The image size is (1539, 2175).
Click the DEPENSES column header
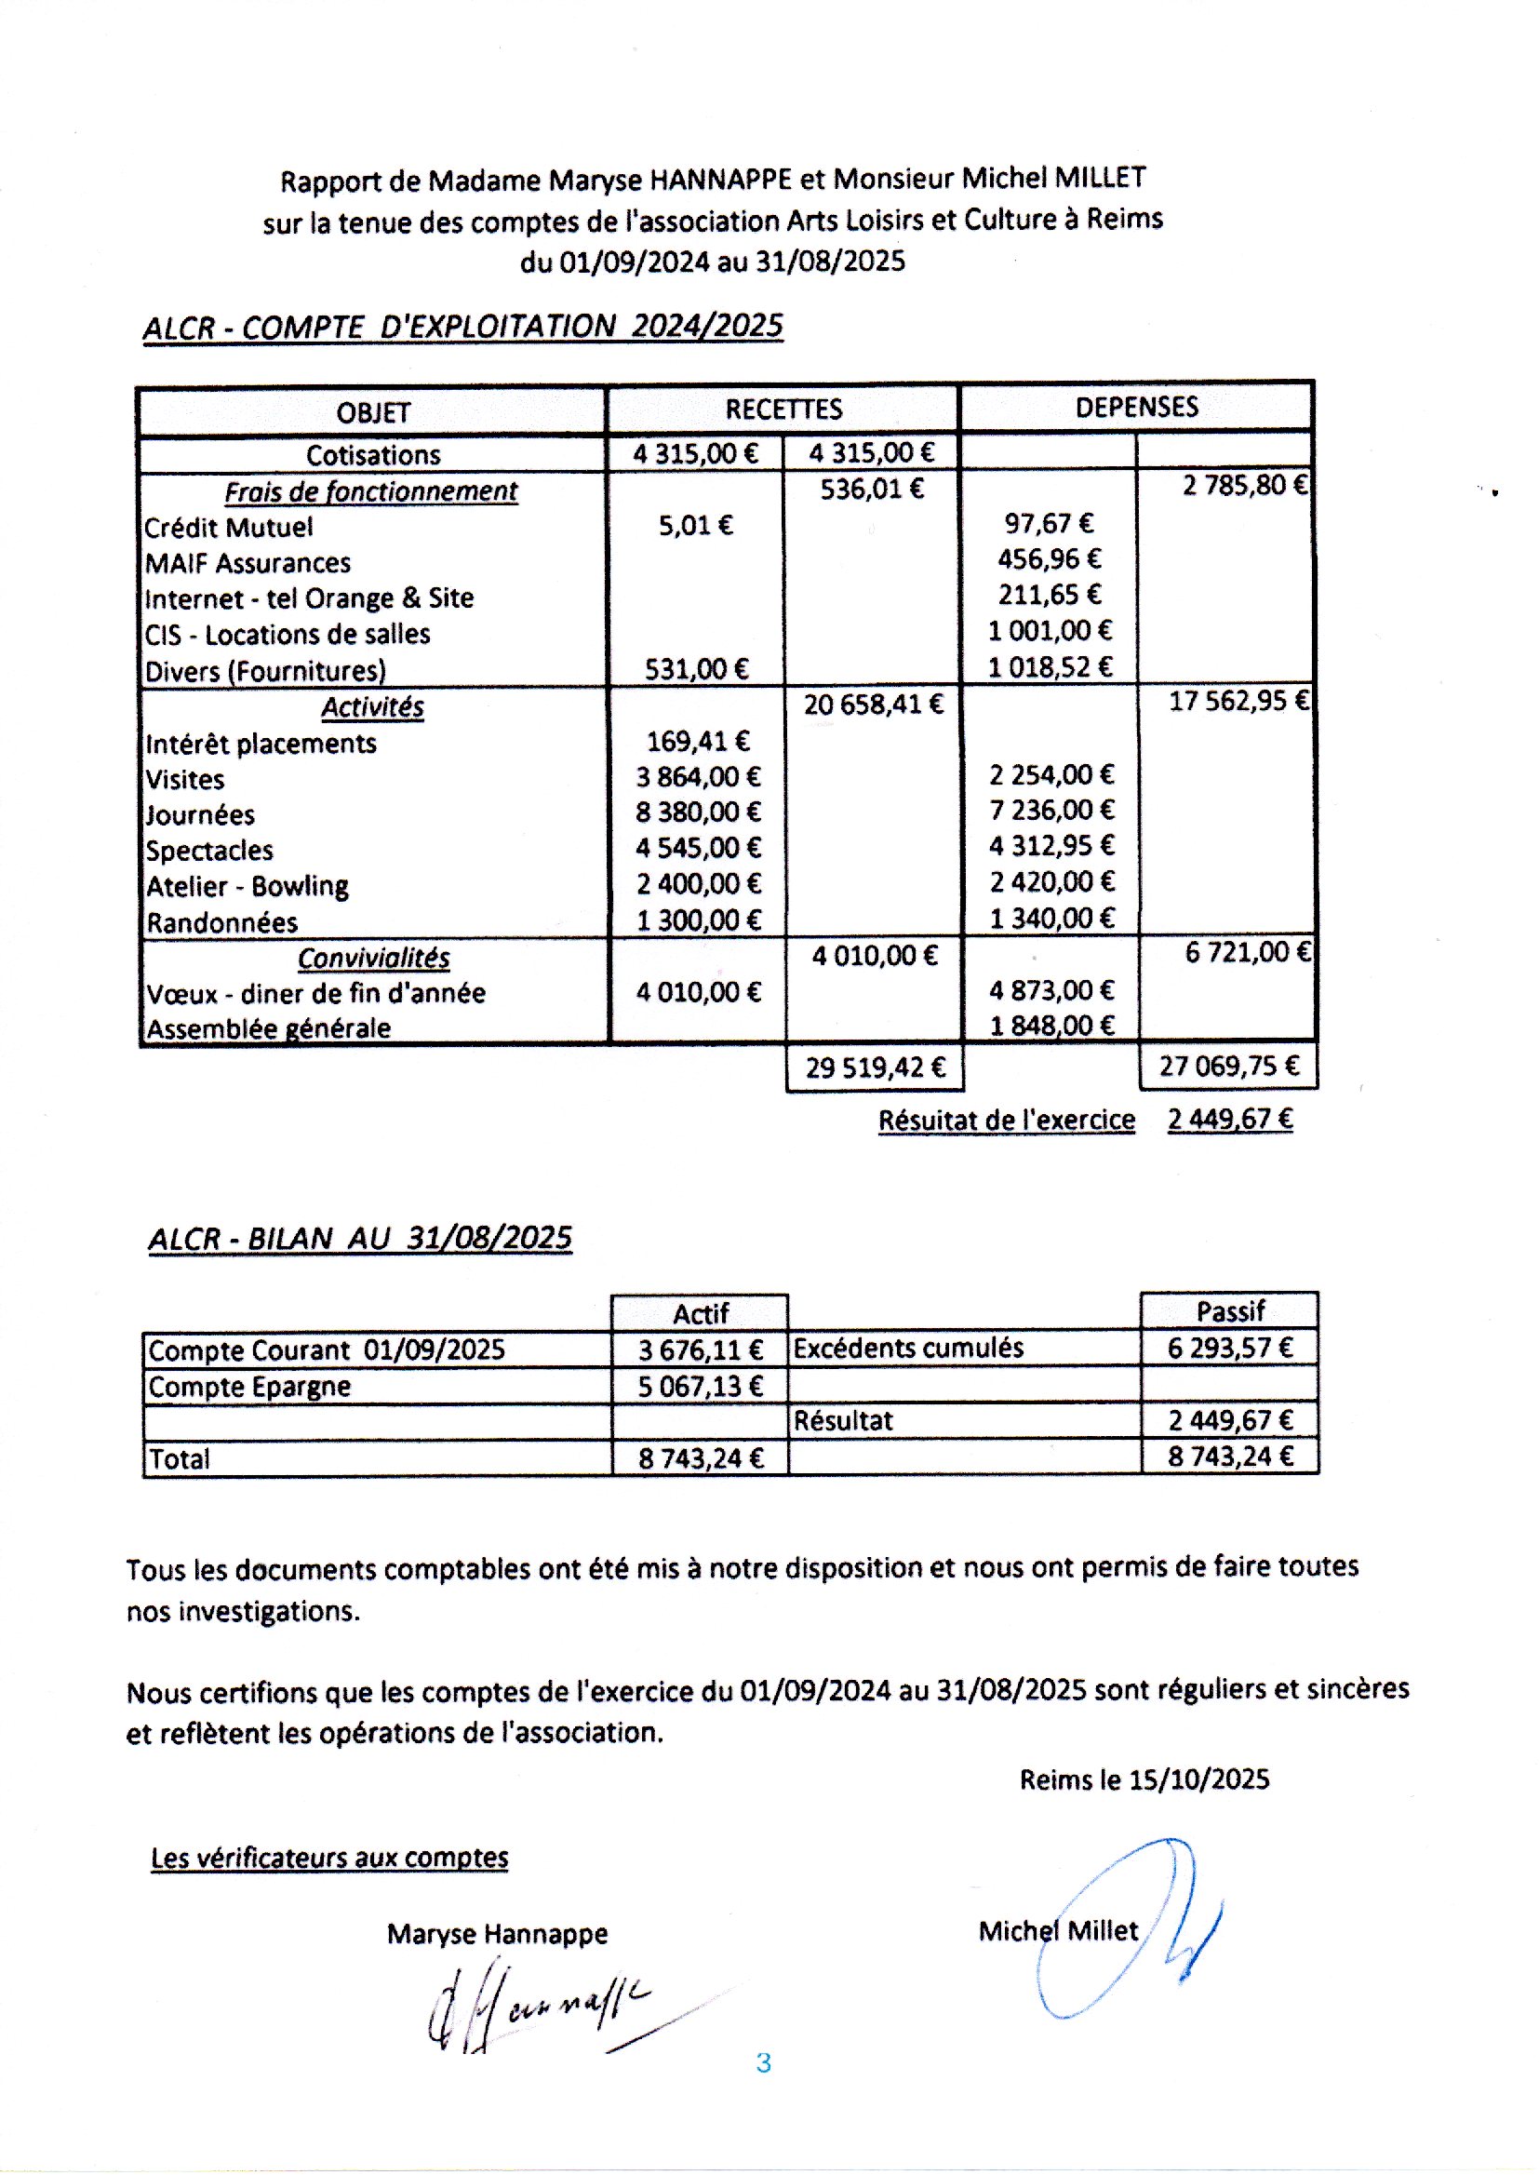point(1135,408)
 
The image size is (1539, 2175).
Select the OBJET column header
point(372,412)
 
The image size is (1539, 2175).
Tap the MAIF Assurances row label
point(248,563)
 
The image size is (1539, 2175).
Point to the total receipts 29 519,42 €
point(875,1068)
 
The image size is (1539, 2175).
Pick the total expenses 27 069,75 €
point(1228,1067)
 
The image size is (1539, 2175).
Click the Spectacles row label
point(209,850)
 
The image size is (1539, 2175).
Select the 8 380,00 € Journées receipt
point(698,812)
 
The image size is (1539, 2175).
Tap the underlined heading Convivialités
point(373,959)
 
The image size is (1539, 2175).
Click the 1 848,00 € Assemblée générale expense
point(1051,1026)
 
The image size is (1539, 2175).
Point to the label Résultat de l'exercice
point(1006,1120)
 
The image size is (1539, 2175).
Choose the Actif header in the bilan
point(701,1313)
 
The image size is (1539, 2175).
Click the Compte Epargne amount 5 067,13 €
point(700,1387)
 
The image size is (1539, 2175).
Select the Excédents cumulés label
point(908,1348)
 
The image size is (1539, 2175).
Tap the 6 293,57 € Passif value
point(1229,1348)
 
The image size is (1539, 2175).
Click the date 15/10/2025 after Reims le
point(1198,1779)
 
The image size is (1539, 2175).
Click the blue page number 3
point(764,2063)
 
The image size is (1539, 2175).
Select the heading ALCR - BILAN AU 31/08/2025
point(360,1239)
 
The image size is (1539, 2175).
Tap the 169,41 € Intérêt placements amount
point(698,740)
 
